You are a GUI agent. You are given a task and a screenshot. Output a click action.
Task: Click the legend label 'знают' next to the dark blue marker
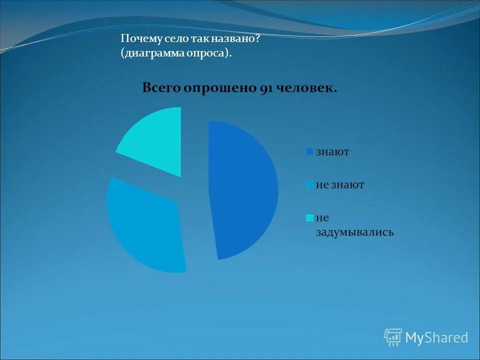click(x=332, y=151)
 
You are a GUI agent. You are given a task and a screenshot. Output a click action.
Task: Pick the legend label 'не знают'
click(x=340, y=184)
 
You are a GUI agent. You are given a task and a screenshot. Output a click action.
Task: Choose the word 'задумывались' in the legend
click(x=354, y=232)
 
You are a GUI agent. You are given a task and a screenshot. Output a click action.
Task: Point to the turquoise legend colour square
click(x=310, y=218)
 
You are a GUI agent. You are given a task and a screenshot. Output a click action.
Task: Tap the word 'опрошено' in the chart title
click(x=219, y=88)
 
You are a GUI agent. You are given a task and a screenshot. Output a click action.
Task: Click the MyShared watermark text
click(x=436, y=338)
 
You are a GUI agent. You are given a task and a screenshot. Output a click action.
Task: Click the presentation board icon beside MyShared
click(x=393, y=337)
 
